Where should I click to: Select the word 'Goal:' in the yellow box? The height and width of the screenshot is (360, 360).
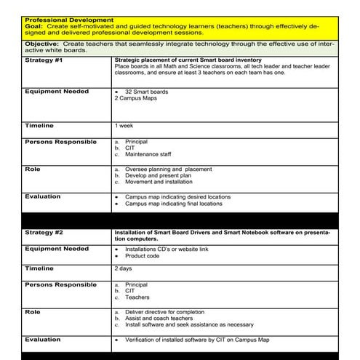[33, 25]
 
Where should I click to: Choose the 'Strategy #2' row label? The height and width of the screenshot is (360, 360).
[44, 233]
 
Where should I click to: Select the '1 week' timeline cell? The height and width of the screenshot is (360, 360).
[124, 126]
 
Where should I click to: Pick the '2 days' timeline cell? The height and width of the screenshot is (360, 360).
[124, 268]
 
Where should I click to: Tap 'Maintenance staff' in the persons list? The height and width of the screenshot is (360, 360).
[148, 154]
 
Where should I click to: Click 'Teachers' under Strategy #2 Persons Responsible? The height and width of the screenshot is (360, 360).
[137, 297]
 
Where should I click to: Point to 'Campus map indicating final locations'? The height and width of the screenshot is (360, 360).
[174, 204]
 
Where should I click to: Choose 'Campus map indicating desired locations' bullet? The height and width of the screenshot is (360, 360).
[178, 197]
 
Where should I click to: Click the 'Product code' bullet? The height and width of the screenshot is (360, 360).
[143, 256]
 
